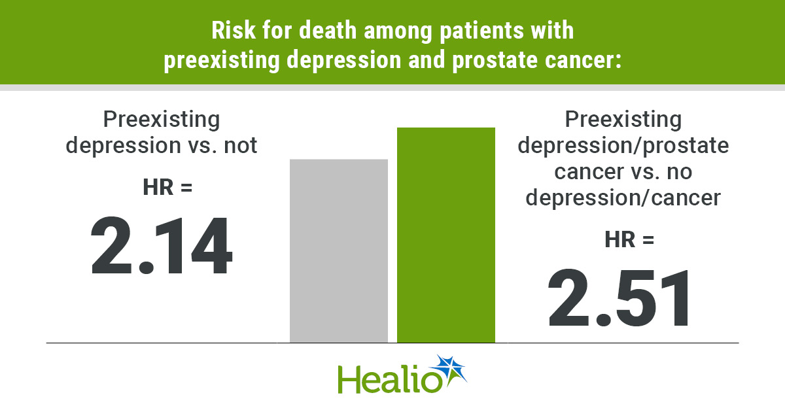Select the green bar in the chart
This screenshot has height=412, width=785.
[x=446, y=235]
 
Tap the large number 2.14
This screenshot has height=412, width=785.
[x=162, y=247]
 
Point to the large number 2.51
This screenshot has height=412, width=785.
[x=619, y=298]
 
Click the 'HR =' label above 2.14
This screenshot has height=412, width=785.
[x=167, y=187]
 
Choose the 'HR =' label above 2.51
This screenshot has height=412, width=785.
[x=629, y=239]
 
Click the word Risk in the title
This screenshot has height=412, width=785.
[x=229, y=31]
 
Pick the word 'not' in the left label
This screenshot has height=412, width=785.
[x=239, y=145]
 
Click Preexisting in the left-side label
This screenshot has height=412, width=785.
[x=162, y=120]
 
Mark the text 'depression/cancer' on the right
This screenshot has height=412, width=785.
[x=623, y=197]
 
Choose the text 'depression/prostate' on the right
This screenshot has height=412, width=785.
[x=623, y=145]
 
